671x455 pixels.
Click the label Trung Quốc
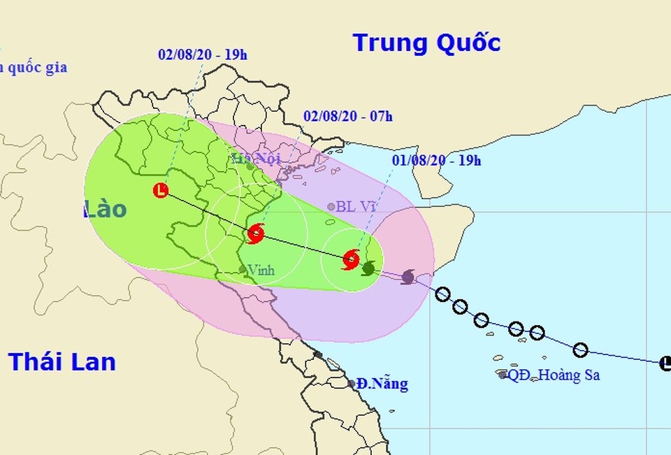[x=426, y=43]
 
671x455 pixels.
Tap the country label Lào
[x=105, y=208]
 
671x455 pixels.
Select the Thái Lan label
[x=62, y=361]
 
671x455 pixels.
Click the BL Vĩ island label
[x=356, y=206]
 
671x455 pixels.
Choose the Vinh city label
[x=260, y=269]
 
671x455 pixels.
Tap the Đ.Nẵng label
[x=382, y=384]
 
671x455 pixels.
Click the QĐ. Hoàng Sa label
[x=554, y=375]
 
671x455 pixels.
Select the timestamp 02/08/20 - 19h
[x=203, y=55]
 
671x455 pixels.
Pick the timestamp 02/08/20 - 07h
[x=348, y=116]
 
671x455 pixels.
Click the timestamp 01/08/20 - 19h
[x=436, y=160]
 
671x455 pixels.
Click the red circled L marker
[x=161, y=189]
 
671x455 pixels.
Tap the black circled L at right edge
[x=665, y=362]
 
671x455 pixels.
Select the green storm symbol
[x=368, y=267]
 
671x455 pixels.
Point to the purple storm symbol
[x=408, y=277]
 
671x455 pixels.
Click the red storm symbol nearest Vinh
[x=256, y=233]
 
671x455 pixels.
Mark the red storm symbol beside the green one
[x=351, y=261]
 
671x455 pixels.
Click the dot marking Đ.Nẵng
[x=352, y=384]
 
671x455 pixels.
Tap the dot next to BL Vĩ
[x=331, y=206]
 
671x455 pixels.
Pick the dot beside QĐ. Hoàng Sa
[x=503, y=375]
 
